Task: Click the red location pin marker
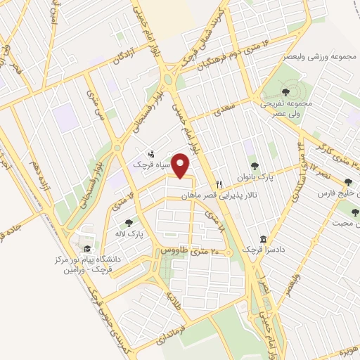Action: pos(182,166)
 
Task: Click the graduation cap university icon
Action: pos(87,250)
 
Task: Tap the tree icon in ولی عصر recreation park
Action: pos(285,91)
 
